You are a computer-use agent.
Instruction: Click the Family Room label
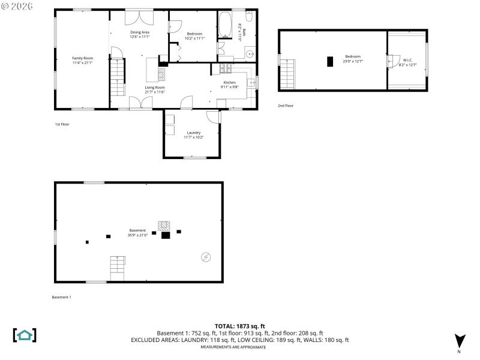[x=83, y=58]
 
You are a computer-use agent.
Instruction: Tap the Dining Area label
[x=140, y=32]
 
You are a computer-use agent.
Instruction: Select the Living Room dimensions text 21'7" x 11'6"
[x=154, y=92]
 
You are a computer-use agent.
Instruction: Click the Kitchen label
[x=230, y=82]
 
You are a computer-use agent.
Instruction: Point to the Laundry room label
[x=193, y=133]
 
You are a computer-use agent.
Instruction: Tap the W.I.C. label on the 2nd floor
[x=407, y=60]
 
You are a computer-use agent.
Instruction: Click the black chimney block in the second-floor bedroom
[x=329, y=61]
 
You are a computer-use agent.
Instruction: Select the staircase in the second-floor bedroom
[x=289, y=74]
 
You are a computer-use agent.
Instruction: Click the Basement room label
[x=137, y=230]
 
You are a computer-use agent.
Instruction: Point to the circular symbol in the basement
[x=206, y=257]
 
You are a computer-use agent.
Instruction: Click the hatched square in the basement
[x=164, y=226]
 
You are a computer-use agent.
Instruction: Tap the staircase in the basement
[x=118, y=268]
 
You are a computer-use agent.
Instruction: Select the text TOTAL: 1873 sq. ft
[x=239, y=326]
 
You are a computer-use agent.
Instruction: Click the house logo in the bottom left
[x=25, y=335]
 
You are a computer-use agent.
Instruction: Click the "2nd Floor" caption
[x=286, y=106]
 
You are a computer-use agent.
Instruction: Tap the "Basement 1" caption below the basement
[x=61, y=297]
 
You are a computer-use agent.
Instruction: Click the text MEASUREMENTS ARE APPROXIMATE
[x=239, y=347]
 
